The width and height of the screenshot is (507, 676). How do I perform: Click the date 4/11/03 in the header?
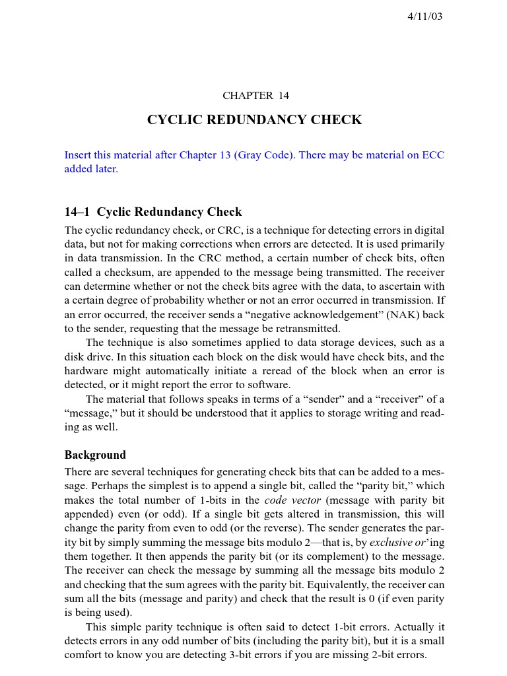pos(424,17)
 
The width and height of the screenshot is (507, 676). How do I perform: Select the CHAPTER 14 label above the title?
pos(255,96)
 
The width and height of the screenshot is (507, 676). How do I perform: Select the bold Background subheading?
pos(95,455)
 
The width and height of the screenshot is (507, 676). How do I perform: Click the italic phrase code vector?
pos(292,500)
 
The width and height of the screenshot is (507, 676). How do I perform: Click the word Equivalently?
pos(336,585)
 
